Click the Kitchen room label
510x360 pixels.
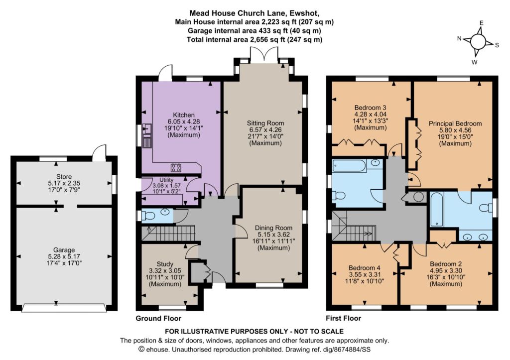184,115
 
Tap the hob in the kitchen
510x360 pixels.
176,167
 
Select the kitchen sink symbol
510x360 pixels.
147,129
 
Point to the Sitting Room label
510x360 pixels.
265,123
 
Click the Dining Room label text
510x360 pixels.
273,228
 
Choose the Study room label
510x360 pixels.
165,264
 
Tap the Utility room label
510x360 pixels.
166,180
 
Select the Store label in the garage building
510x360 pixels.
64,177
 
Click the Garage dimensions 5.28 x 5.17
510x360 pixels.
64,256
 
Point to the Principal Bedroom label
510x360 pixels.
455,123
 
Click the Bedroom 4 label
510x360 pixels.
364,268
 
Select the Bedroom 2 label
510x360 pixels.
446,264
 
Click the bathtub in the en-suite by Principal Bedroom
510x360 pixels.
436,210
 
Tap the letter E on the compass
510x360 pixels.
482,23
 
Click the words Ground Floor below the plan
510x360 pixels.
158,318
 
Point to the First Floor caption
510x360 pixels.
344,318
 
